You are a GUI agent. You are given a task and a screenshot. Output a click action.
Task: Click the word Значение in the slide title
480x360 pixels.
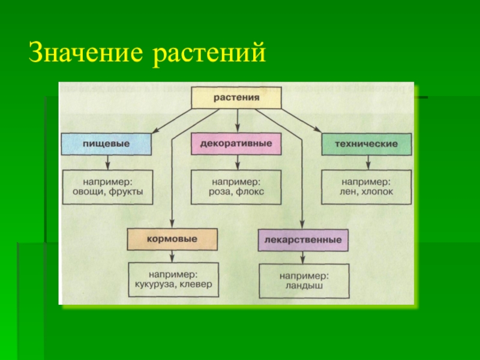pos(85,53)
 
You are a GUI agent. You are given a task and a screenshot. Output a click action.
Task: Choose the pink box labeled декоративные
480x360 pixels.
pos(236,144)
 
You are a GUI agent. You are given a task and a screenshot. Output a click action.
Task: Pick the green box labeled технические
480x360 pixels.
pos(366,145)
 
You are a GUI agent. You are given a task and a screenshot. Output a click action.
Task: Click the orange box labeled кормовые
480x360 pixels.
pos(171,238)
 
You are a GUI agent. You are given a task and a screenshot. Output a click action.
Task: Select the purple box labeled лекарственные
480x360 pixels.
pos(303,239)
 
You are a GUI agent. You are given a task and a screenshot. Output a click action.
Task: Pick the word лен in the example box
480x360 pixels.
pos(348,193)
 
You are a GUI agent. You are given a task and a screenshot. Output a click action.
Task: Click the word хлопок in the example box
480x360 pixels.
pos(378,193)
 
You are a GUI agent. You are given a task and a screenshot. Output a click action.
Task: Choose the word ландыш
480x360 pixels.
pos(303,286)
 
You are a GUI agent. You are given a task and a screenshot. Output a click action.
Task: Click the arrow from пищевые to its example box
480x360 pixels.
pos(107,162)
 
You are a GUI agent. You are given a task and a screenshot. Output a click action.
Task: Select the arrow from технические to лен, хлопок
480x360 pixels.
pos(366,162)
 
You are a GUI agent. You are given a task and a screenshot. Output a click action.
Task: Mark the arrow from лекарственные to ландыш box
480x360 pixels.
pos(303,256)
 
